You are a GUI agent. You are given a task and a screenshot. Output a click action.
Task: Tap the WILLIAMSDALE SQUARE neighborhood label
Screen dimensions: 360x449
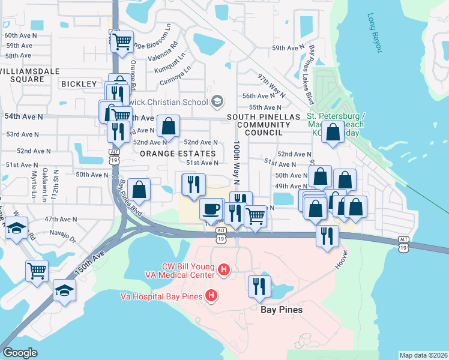(22, 75)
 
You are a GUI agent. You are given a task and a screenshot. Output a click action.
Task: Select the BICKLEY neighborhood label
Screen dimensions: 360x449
(79, 84)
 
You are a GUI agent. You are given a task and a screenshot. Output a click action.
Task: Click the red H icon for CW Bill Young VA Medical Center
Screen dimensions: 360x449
(224, 271)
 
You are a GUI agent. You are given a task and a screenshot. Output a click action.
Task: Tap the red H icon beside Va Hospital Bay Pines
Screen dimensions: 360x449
(211, 295)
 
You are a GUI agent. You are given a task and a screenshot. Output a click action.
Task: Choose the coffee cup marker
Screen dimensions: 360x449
(210, 209)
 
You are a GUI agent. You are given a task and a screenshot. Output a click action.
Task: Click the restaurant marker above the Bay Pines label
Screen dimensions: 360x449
(259, 286)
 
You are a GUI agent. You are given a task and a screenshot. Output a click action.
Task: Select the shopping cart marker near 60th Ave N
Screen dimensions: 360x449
(122, 41)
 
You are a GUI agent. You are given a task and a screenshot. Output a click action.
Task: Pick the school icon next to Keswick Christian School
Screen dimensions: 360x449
(217, 100)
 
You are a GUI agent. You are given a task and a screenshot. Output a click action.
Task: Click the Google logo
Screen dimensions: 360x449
(20, 353)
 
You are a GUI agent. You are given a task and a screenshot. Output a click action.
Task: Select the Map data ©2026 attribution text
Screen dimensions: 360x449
(423, 355)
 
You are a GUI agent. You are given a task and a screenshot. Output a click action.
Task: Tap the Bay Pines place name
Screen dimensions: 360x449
(282, 310)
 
